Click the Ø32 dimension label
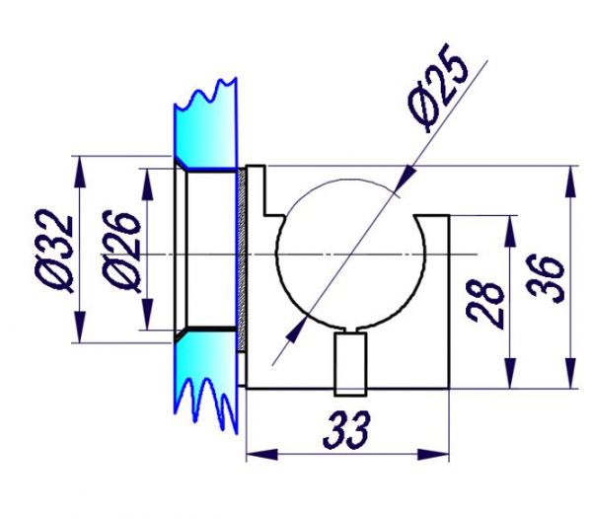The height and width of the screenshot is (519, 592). [53, 251]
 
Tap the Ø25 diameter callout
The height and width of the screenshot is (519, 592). [437, 87]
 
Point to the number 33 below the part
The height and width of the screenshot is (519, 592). [347, 429]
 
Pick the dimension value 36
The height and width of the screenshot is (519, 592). [546, 278]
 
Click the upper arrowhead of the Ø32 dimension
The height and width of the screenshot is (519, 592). [79, 172]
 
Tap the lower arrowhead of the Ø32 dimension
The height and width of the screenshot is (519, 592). [79, 327]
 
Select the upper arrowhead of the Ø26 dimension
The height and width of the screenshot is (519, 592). [147, 184]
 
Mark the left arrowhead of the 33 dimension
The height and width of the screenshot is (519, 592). [261, 455]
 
